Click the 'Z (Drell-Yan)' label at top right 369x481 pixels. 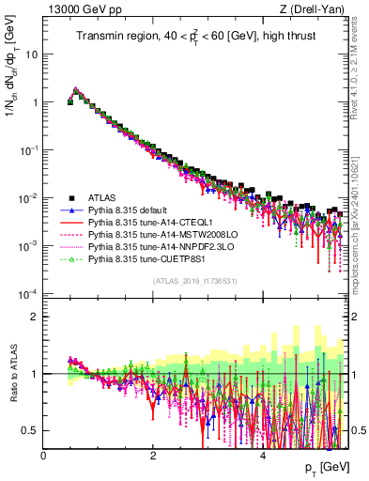tap(318, 9)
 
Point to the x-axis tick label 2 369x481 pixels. tap(153, 456)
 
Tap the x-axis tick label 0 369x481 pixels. tap(44, 456)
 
